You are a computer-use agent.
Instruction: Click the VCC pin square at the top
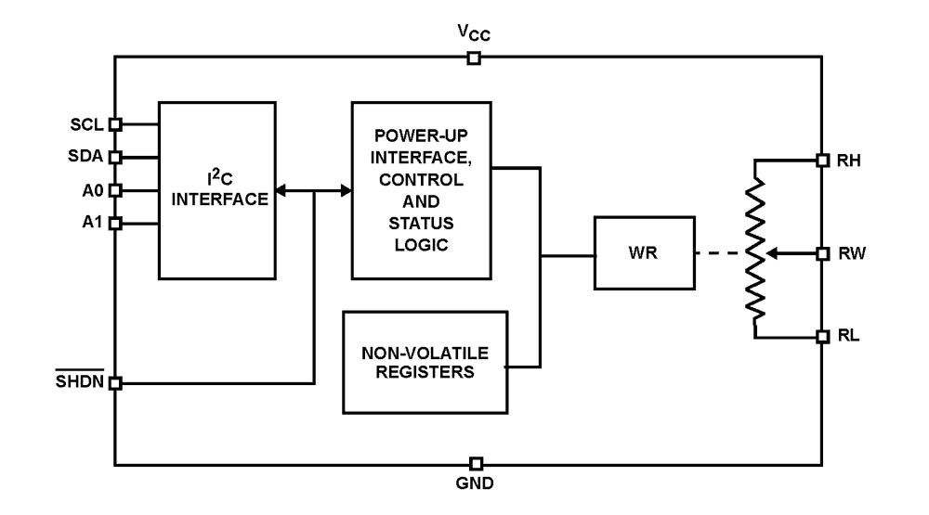click(474, 58)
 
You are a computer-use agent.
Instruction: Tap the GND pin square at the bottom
click(476, 463)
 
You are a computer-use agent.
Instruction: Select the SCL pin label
click(88, 123)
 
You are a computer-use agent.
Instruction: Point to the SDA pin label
click(87, 157)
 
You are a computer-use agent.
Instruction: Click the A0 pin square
click(115, 190)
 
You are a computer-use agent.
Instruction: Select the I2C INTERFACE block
click(216, 190)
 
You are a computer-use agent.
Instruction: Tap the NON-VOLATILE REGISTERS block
click(425, 362)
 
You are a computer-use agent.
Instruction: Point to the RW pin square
click(822, 252)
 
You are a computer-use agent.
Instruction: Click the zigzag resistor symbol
click(756, 249)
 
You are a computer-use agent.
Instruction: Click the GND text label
click(475, 483)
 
